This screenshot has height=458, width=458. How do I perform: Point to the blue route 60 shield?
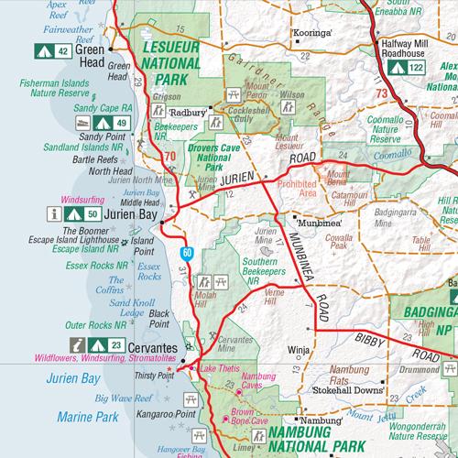[186, 251]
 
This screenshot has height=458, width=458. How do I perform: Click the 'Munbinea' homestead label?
[312, 222]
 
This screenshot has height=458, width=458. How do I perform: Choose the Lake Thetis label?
[220, 368]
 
